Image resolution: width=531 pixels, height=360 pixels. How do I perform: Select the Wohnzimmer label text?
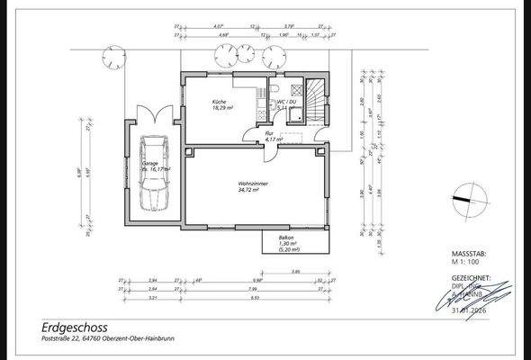point(248,184)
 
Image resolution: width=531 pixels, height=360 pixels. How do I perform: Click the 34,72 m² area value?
point(248,191)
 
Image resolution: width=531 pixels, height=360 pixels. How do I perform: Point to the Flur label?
point(268,133)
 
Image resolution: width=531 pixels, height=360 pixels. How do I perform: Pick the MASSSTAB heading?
point(468,256)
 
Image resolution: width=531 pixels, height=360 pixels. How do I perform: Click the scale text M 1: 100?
point(465,264)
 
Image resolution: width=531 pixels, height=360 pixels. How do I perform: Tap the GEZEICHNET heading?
point(471,278)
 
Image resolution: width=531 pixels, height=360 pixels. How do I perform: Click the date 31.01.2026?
point(473,310)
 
